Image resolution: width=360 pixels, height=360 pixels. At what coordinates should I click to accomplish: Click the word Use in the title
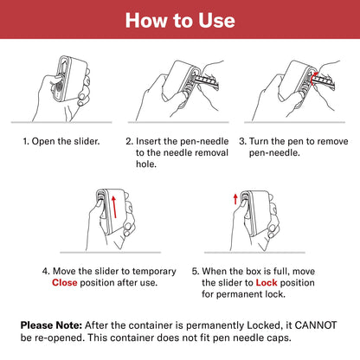point(216,21)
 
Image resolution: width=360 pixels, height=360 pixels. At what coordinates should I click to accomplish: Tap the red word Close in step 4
point(65,283)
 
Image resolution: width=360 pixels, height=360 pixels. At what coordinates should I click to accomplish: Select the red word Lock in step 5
point(267,283)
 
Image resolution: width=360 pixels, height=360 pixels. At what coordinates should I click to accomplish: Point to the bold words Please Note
point(52,325)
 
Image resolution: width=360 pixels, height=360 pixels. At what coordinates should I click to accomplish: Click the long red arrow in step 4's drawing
point(114,207)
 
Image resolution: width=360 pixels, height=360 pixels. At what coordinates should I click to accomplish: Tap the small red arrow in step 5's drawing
point(235,199)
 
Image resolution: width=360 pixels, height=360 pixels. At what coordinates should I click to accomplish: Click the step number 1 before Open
point(26,141)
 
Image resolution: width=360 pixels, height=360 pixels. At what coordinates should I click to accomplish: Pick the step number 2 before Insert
point(129,141)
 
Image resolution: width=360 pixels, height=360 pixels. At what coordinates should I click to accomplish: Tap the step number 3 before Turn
point(242,141)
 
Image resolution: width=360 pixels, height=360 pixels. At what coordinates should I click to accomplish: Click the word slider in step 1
point(87,141)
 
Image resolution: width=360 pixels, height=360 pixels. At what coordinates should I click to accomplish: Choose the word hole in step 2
point(146,164)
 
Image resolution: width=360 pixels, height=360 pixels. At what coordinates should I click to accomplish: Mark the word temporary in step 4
point(154,272)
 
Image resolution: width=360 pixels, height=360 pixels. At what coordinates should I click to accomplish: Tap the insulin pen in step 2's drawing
point(207,80)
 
